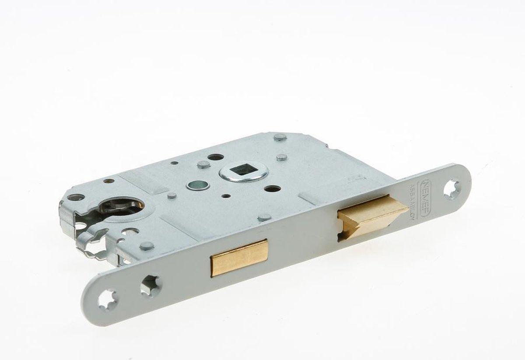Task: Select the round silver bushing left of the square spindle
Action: (x=198, y=185)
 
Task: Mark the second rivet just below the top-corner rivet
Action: (x=282, y=157)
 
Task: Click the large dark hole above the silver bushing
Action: (x=216, y=157)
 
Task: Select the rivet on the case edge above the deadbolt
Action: (x=265, y=217)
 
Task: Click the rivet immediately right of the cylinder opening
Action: (x=172, y=196)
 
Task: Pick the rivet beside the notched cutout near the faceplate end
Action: (x=147, y=245)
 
